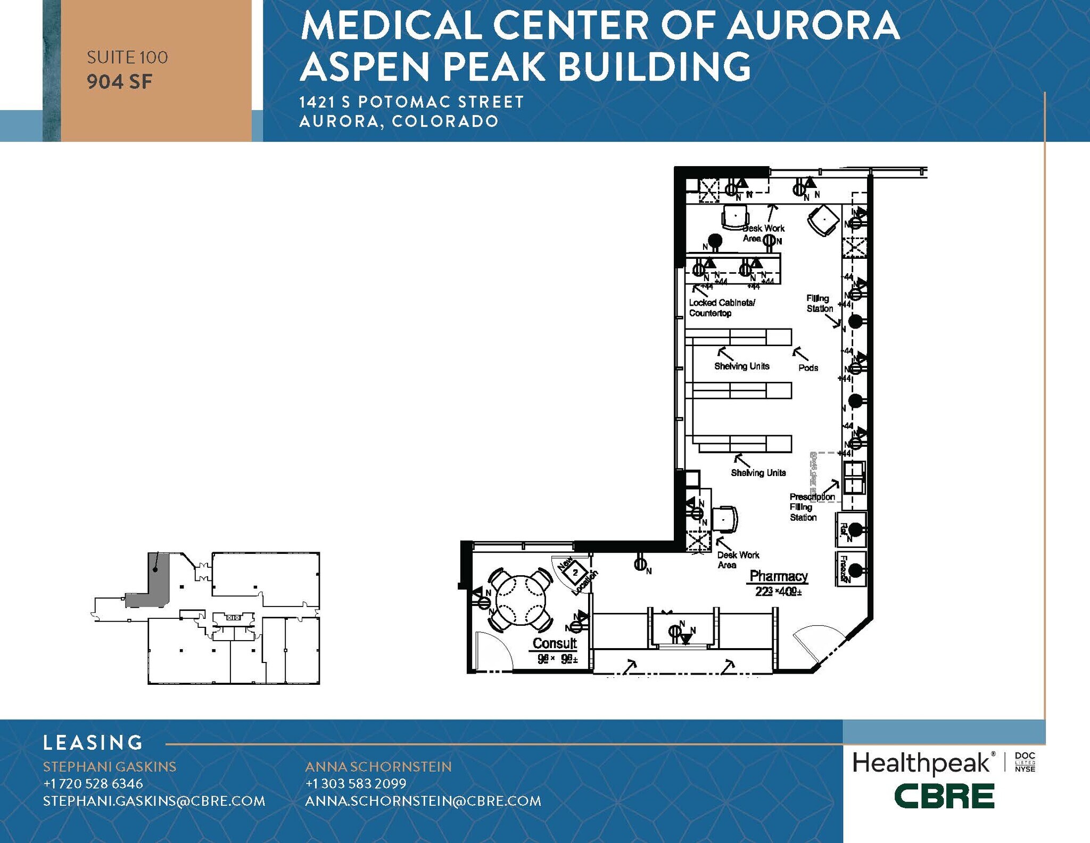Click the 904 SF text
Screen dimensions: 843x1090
(x=120, y=81)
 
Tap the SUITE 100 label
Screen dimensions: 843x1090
(x=127, y=58)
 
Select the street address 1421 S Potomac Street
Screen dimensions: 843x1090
(x=411, y=102)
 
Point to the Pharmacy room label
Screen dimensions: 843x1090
(x=778, y=576)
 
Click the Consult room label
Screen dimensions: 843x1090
(x=555, y=643)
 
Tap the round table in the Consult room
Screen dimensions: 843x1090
(x=521, y=600)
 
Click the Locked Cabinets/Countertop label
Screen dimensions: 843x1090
(x=721, y=308)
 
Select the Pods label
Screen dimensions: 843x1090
(x=808, y=368)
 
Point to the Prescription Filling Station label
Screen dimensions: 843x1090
(x=811, y=507)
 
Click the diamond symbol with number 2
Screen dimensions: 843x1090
(x=575, y=573)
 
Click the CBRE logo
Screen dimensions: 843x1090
(x=944, y=797)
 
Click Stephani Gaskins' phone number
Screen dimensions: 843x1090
(x=93, y=783)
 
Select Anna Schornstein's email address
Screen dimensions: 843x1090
(x=423, y=801)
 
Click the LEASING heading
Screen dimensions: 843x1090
(x=93, y=742)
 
